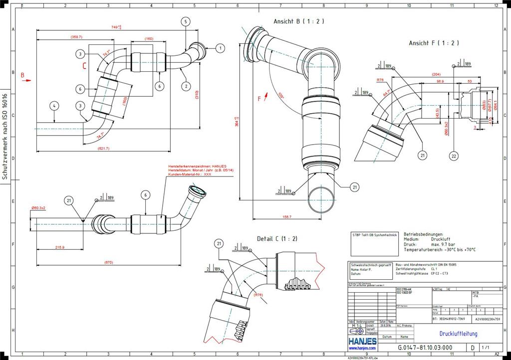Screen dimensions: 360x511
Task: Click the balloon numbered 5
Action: click(x=186, y=21)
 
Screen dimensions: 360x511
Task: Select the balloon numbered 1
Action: click(x=220, y=48)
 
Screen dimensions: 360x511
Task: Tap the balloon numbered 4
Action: click(x=54, y=105)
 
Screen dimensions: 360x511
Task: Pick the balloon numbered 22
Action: click(x=453, y=156)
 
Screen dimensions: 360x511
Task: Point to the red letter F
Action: click(x=259, y=99)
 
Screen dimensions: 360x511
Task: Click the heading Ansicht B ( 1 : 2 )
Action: click(x=299, y=21)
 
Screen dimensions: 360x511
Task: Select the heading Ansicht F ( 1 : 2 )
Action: click(x=434, y=43)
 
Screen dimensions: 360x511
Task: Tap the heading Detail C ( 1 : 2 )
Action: click(x=277, y=239)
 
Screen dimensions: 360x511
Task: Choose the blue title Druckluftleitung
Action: click(x=458, y=333)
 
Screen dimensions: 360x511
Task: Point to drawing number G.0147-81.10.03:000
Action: click(x=425, y=348)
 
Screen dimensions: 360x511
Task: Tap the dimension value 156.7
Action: click(x=286, y=217)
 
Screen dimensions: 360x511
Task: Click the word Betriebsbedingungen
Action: click(x=423, y=234)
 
